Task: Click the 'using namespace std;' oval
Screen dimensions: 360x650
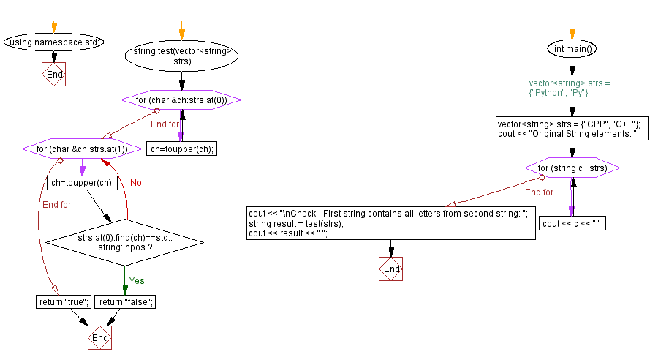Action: click(x=53, y=42)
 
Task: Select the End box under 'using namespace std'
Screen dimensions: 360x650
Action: click(x=54, y=74)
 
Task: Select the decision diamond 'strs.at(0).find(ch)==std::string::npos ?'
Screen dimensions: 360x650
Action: click(x=124, y=243)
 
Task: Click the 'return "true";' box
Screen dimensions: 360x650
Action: click(x=63, y=301)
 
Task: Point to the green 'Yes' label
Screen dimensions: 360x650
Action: click(x=137, y=280)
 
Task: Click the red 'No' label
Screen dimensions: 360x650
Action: click(x=136, y=182)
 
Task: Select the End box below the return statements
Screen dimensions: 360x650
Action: click(x=100, y=338)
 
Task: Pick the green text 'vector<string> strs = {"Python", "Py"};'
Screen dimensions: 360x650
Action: click(x=570, y=89)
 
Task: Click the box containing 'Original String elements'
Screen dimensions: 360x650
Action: click(x=569, y=129)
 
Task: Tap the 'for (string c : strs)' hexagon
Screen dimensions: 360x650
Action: click(x=572, y=169)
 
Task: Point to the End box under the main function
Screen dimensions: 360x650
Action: click(x=392, y=269)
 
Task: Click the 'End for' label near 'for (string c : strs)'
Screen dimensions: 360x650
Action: click(x=539, y=192)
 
